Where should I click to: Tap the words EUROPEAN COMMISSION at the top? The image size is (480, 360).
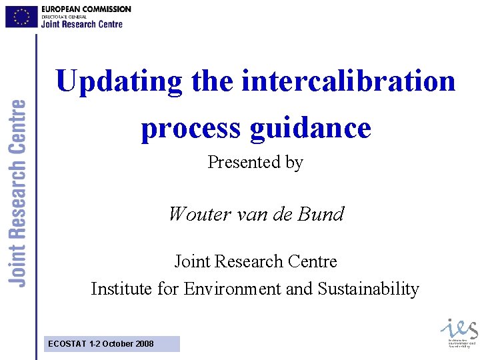(x=86, y=9)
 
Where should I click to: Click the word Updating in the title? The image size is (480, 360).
(x=119, y=82)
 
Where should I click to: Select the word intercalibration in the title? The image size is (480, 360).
(x=349, y=82)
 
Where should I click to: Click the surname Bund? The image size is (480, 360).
(x=323, y=214)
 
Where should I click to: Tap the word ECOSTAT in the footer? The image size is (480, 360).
(x=67, y=344)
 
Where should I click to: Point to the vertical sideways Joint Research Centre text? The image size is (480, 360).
(x=19, y=193)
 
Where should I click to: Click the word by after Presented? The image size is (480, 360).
(x=294, y=162)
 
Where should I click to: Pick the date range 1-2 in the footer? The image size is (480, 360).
(x=95, y=344)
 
